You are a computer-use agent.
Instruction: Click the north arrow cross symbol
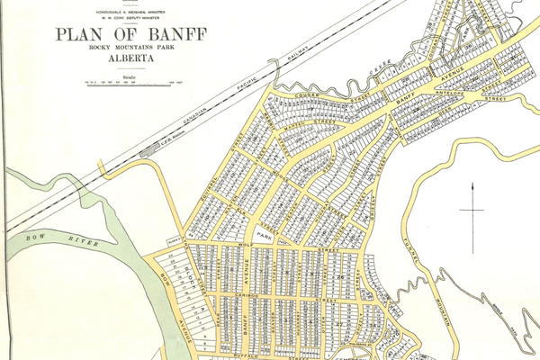click(472, 211)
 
